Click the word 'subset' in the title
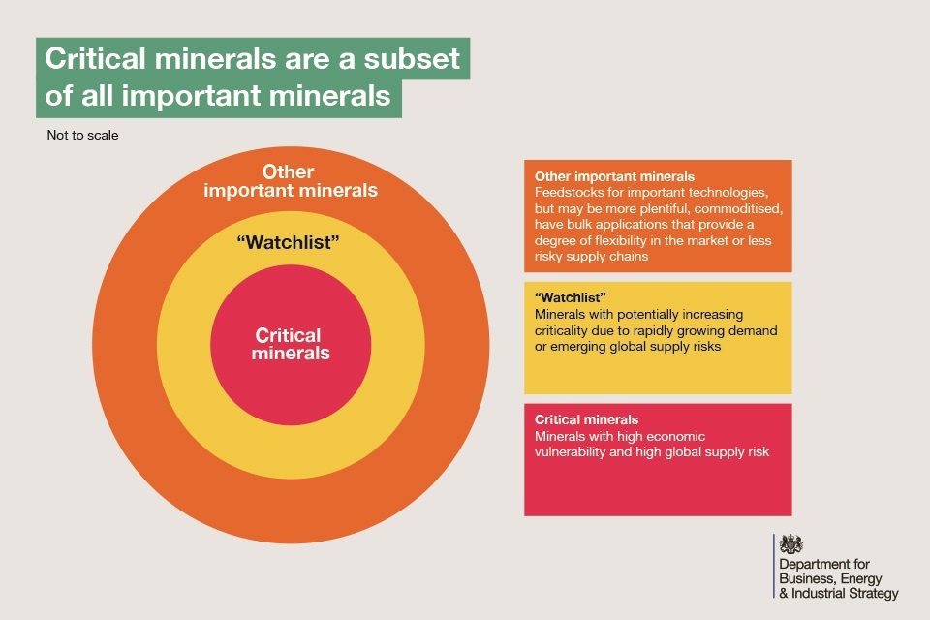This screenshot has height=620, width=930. (412, 58)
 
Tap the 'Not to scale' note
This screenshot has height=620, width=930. (82, 136)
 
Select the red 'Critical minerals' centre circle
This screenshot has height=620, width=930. (291, 345)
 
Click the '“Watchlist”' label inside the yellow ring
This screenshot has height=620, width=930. (289, 242)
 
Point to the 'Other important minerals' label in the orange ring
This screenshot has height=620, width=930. (291, 181)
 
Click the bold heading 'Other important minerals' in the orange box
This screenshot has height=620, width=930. (614, 176)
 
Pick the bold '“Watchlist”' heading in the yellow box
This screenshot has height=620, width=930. (570, 297)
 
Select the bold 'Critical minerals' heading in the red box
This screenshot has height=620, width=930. (587, 420)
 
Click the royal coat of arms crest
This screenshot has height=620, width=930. (791, 543)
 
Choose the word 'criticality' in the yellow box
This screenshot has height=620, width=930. (562, 330)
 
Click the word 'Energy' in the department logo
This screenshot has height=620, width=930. (861, 579)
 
